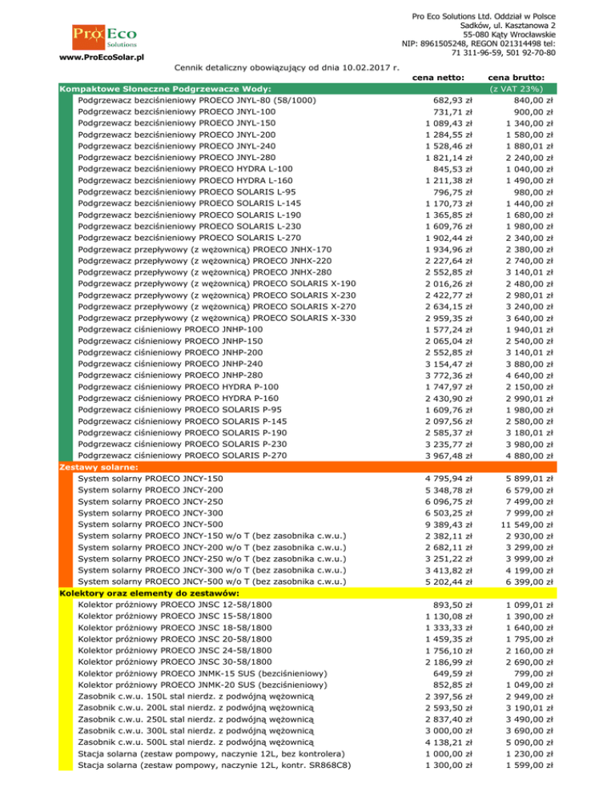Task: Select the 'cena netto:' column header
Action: click(x=444, y=77)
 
